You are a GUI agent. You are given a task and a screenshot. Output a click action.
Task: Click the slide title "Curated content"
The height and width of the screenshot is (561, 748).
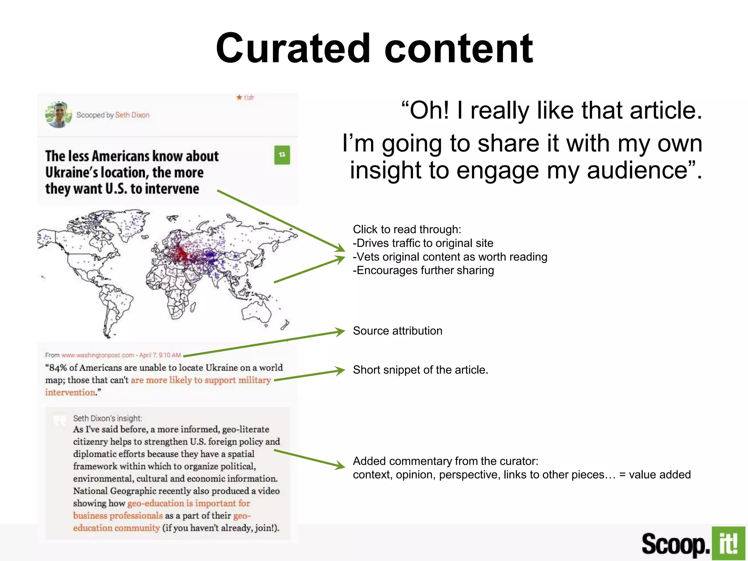click(374, 48)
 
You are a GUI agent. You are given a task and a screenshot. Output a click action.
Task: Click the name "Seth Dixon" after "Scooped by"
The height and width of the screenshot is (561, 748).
click(132, 115)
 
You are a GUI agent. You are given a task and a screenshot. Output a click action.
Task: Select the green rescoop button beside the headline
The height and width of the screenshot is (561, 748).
click(282, 155)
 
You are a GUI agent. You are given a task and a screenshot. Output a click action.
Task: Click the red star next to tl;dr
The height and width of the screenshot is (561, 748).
click(239, 97)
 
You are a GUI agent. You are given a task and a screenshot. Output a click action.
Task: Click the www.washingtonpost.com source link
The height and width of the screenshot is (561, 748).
click(98, 355)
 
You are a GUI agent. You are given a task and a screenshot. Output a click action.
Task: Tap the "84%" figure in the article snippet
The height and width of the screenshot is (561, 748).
click(58, 368)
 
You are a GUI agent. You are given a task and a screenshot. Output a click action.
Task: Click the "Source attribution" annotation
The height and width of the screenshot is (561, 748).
click(397, 331)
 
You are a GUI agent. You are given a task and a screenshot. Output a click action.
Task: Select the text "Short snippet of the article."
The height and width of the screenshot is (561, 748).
click(420, 370)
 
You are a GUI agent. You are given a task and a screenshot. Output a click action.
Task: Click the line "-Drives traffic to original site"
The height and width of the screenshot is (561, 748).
click(423, 243)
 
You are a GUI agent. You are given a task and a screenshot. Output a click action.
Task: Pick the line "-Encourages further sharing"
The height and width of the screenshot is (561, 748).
click(423, 271)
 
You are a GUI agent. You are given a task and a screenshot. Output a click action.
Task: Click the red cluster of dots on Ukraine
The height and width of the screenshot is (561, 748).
click(180, 252)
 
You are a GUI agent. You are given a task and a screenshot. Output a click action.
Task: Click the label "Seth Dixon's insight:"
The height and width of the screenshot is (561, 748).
click(107, 419)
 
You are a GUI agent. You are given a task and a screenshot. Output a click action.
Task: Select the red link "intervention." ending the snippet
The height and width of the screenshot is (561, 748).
click(70, 393)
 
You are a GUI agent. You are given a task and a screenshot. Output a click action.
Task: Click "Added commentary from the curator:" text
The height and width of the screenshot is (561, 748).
click(446, 461)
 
